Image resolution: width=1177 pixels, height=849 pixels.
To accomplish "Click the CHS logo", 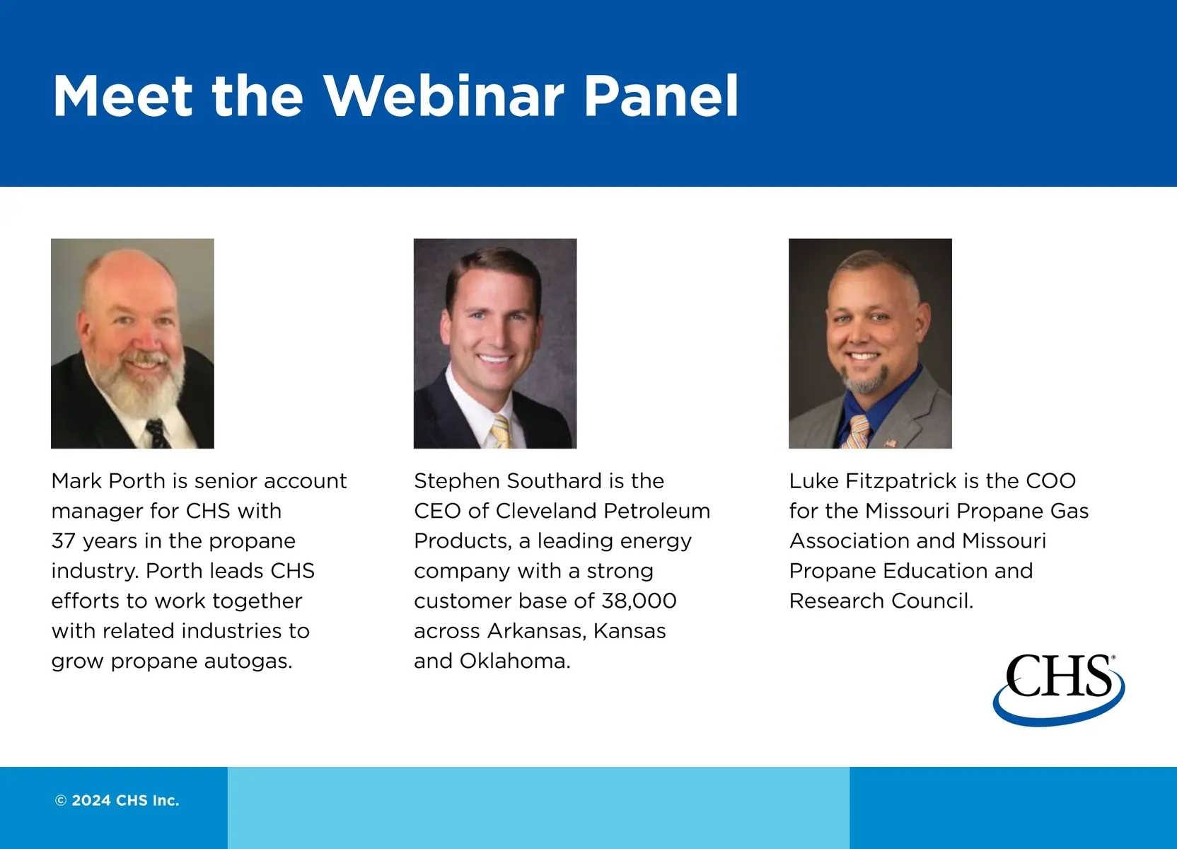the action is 1058,690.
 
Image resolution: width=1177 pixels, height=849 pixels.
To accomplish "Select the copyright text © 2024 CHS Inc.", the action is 117,800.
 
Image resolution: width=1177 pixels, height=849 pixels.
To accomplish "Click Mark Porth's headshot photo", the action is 132,343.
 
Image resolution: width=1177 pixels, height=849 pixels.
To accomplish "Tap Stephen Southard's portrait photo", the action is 495,343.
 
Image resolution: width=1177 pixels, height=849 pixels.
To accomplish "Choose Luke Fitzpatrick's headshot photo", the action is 870,343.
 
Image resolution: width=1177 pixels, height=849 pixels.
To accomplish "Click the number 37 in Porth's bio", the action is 63,541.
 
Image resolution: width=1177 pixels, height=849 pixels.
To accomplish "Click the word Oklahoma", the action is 515,661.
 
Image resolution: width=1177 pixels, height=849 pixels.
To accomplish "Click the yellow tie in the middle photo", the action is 500,431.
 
